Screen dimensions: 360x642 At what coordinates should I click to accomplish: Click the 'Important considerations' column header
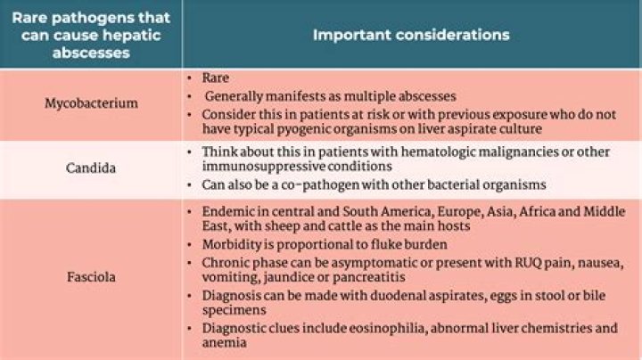[411, 35]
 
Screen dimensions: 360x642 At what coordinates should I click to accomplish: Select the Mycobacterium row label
[91, 102]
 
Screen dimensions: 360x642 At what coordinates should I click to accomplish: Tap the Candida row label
[91, 167]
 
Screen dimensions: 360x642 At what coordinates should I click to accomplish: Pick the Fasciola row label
[91, 277]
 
